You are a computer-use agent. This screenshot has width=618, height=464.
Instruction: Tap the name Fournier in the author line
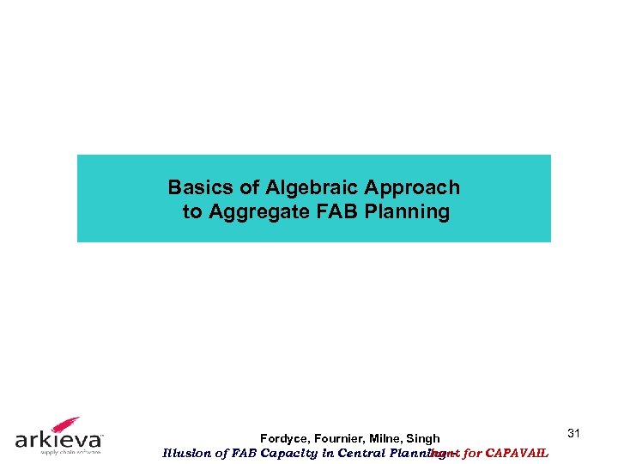(x=343, y=439)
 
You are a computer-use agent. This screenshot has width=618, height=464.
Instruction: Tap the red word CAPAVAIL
(x=518, y=453)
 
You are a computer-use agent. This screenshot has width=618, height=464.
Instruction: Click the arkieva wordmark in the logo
(x=58, y=440)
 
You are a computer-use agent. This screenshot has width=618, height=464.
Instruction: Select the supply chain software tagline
(x=58, y=452)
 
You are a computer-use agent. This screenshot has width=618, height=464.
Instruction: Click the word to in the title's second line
(x=192, y=211)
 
